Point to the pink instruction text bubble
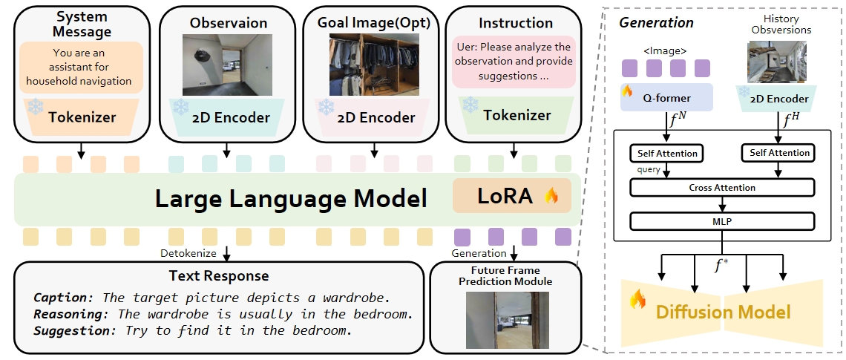[514, 62]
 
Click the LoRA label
[504, 196]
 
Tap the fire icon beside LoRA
[551, 196]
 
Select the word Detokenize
[188, 254]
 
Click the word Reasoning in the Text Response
[65, 314]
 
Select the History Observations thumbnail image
[776, 62]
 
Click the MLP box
[721, 221]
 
